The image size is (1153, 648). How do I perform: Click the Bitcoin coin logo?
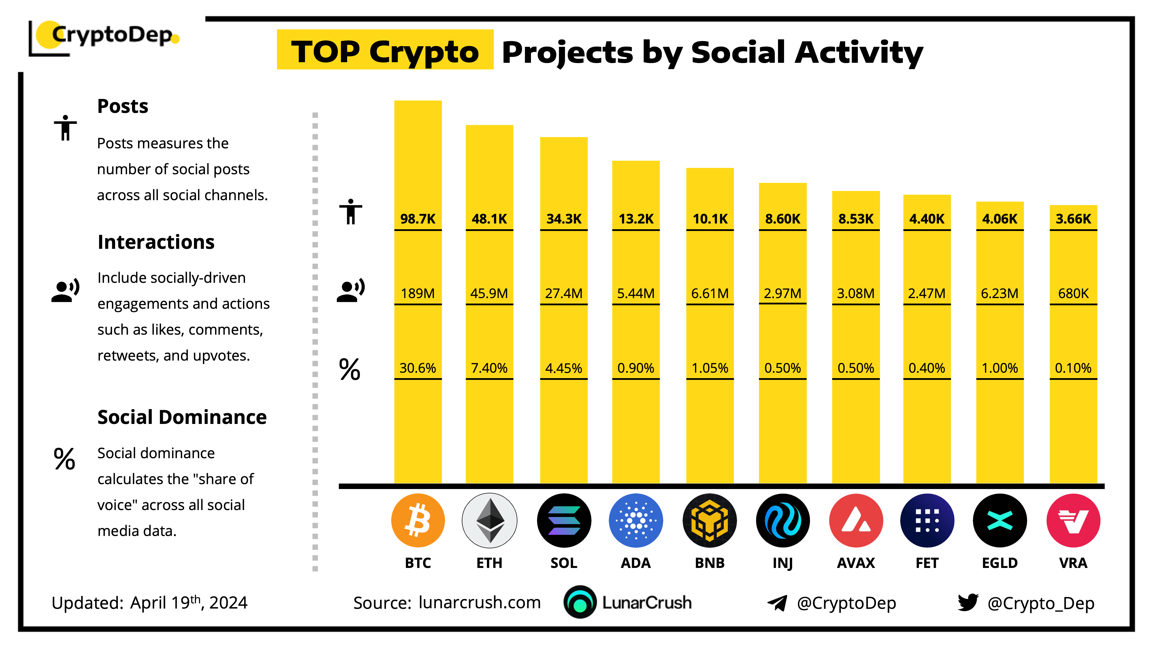pyautogui.click(x=418, y=520)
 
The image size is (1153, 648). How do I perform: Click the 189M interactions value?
pyautogui.click(x=418, y=293)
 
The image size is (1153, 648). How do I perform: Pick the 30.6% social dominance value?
pyautogui.click(x=418, y=368)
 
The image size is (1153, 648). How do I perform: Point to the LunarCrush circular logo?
pyautogui.click(x=580, y=602)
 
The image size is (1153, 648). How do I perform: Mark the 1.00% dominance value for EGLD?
pyautogui.click(x=999, y=368)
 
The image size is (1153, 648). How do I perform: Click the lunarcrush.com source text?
pyautogui.click(x=479, y=602)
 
